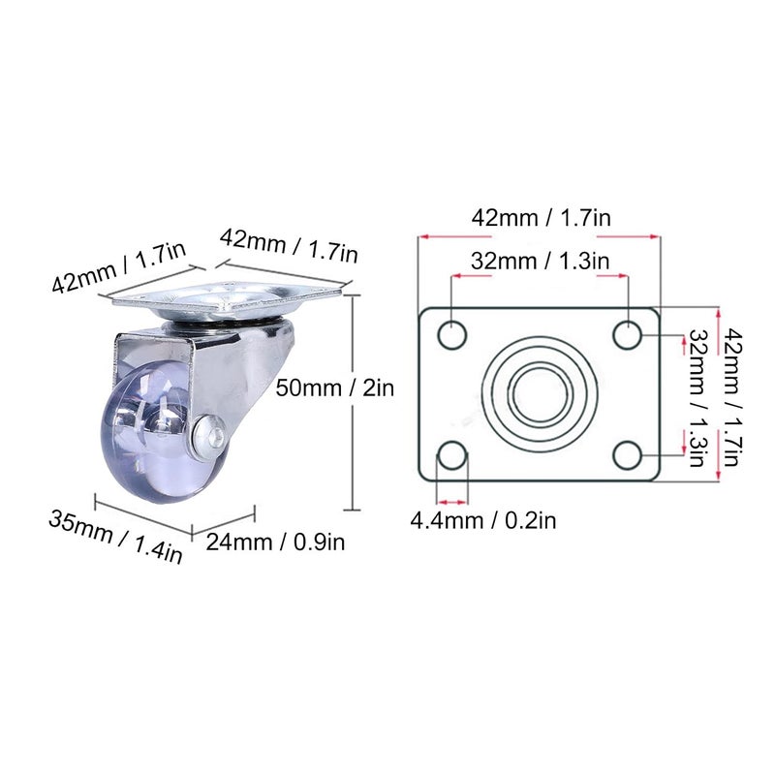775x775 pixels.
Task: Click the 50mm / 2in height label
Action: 334,388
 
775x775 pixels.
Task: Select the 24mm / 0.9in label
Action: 275,542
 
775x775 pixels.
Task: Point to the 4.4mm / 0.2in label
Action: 483,521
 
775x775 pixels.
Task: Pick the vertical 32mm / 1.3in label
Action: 696,397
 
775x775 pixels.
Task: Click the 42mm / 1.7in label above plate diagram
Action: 541,217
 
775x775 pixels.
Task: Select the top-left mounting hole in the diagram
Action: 451,335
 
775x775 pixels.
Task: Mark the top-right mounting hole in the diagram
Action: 628,335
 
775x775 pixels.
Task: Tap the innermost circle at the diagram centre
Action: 540,393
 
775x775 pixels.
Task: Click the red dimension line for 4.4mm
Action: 451,502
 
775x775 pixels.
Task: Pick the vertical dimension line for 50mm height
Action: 355,402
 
